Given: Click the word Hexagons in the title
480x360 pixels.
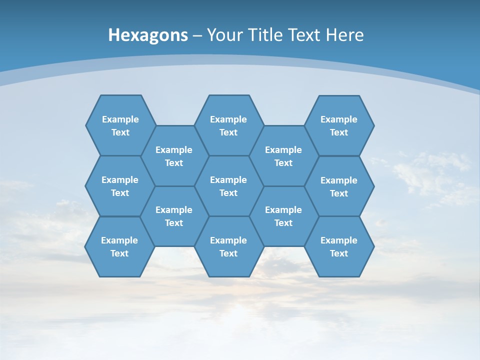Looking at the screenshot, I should (148, 35).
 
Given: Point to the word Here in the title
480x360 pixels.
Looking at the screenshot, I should (344, 35).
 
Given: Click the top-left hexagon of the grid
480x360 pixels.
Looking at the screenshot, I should (120, 125).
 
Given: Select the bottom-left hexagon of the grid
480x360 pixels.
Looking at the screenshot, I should (119, 246).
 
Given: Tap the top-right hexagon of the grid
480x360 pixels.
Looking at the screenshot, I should (339, 125).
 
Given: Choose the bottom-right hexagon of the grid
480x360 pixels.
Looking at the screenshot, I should (339, 246).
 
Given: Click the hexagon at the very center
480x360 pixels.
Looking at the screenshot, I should (228, 186).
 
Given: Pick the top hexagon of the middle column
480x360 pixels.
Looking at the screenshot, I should (228, 125).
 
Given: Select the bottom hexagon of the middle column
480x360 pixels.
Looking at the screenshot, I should (228, 246).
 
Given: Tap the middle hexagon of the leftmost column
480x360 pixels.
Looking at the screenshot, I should (120, 186).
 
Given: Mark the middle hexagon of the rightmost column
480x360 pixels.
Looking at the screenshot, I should (339, 186).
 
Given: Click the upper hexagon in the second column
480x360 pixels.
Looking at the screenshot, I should (174, 156).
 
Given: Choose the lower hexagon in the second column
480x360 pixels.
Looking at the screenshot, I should (174, 216).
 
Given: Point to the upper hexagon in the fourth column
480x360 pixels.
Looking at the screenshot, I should (283, 156).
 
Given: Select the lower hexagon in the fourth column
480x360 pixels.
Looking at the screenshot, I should (283, 216).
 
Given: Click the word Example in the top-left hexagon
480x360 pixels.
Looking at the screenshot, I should (120, 119).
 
